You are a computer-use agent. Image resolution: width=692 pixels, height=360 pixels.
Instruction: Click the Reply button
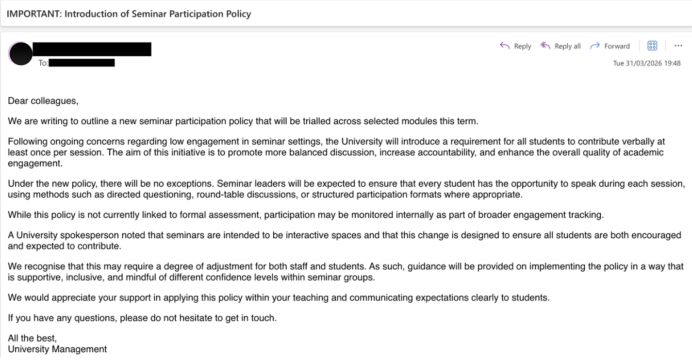(x=515, y=46)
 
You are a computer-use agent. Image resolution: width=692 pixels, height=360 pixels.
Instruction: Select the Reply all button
(x=561, y=46)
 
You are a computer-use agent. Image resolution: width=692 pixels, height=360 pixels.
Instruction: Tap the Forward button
(x=610, y=46)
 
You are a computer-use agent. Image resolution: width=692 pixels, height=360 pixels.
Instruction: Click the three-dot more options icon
(x=678, y=46)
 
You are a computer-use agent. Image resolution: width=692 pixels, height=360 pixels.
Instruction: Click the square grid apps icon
(x=653, y=46)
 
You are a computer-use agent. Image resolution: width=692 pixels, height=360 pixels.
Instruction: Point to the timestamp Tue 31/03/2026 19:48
(x=647, y=64)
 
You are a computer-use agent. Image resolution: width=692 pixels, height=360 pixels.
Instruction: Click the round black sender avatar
(x=20, y=54)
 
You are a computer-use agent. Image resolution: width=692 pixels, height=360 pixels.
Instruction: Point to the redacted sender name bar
(x=92, y=49)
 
